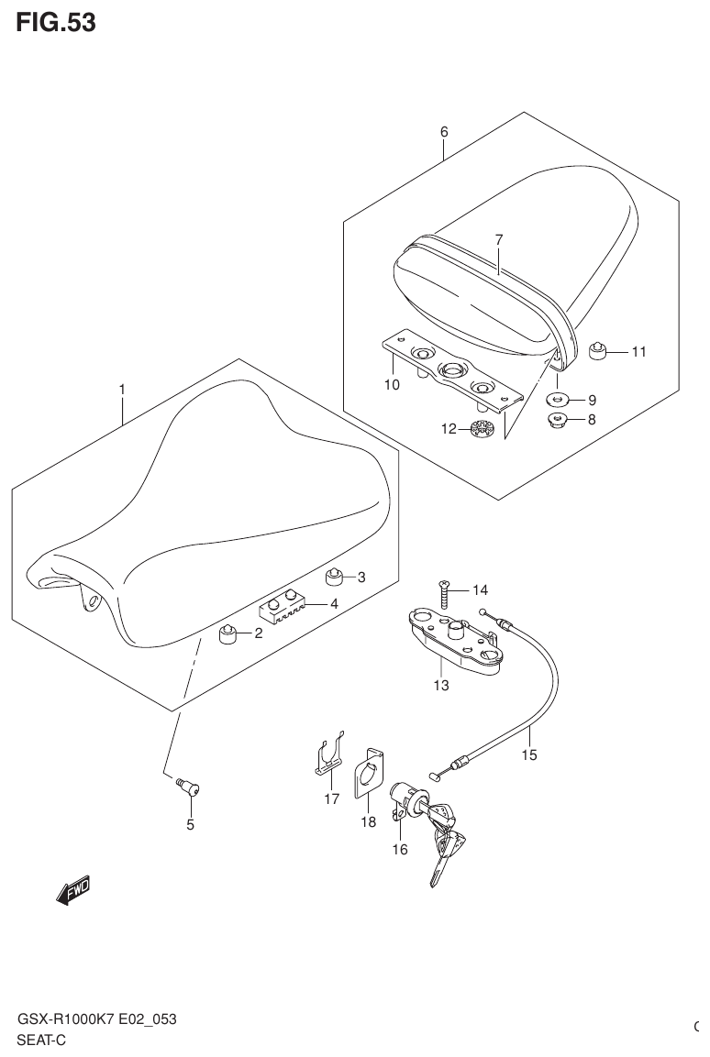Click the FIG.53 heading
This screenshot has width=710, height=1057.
pos(55,22)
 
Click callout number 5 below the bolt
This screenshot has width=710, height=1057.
pos(191,824)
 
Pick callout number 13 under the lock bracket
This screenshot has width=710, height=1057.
pos(441,686)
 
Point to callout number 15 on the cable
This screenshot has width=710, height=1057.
pos(529,755)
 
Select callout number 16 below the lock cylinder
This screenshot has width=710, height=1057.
pos(400,849)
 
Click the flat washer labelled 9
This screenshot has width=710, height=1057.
pos(557,399)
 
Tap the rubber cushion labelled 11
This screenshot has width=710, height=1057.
pos(597,347)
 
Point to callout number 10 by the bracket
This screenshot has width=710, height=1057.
pos(392,385)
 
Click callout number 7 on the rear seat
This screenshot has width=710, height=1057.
pos(499,240)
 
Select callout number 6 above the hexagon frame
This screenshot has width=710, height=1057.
pos(444,132)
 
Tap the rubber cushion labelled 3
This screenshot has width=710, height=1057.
pos(335,577)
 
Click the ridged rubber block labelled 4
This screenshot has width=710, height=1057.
pos(281,605)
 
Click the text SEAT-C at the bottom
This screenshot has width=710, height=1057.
pos(41,1040)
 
